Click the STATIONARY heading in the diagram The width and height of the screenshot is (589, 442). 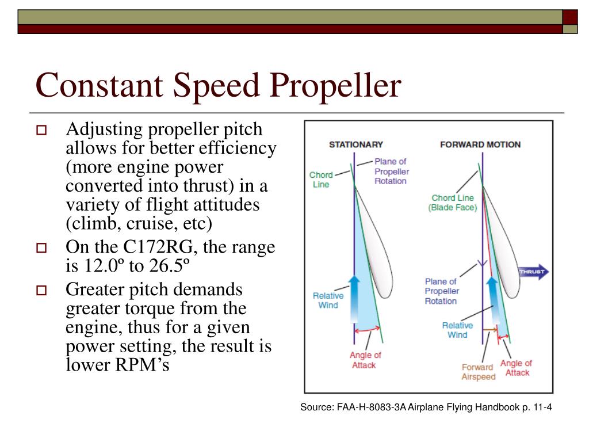[355, 144]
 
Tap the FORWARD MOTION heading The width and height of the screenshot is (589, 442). [480, 144]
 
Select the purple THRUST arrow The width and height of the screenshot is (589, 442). [534, 272]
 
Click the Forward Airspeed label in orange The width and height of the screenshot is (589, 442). [477, 372]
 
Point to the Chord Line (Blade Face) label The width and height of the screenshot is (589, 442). [453, 203]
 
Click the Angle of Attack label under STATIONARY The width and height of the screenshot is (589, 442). [365, 360]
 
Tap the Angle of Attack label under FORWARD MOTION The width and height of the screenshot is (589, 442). [516, 368]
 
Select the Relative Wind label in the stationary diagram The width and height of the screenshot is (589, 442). [328, 300]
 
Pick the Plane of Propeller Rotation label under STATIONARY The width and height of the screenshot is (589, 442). [392, 171]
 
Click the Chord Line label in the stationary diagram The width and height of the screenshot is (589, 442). [320, 180]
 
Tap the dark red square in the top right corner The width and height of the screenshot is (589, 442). [569, 17]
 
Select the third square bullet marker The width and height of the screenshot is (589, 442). [41, 290]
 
